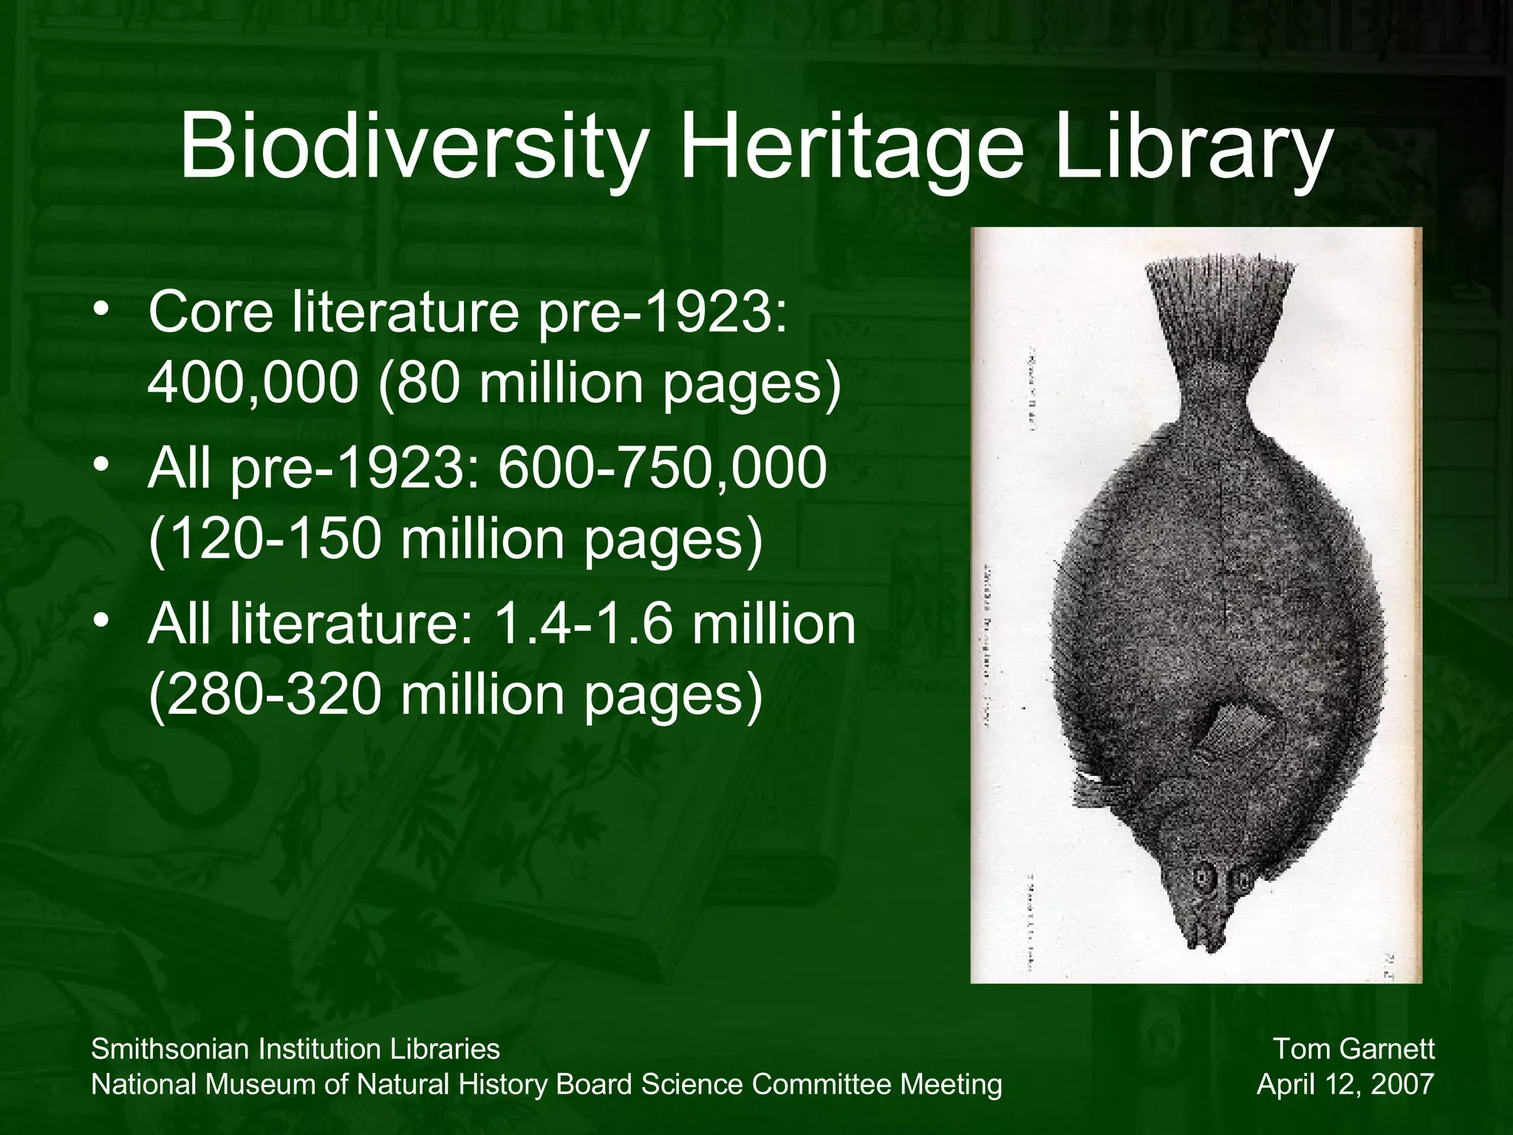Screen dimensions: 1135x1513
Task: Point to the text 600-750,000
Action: click(x=662, y=468)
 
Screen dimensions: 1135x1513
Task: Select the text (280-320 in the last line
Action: click(x=265, y=695)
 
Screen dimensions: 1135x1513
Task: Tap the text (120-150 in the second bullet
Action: click(x=265, y=539)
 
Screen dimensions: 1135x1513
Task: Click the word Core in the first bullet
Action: click(x=211, y=313)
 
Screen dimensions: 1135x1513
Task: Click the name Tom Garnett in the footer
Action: click(x=1353, y=1049)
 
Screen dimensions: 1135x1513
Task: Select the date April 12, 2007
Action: click(x=1345, y=1084)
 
